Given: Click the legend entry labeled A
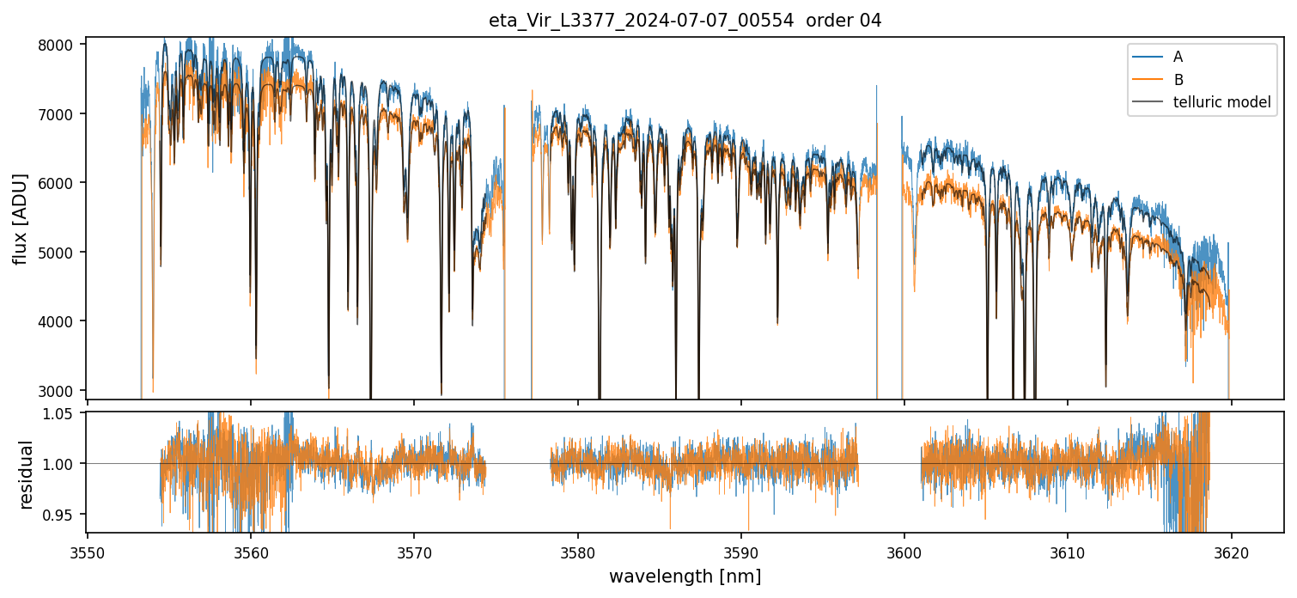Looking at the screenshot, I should (x=1178, y=57).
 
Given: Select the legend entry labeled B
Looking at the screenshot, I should (x=1178, y=80).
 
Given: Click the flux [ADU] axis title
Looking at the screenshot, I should (x=20, y=218).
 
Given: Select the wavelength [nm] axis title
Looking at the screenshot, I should (x=685, y=577).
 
